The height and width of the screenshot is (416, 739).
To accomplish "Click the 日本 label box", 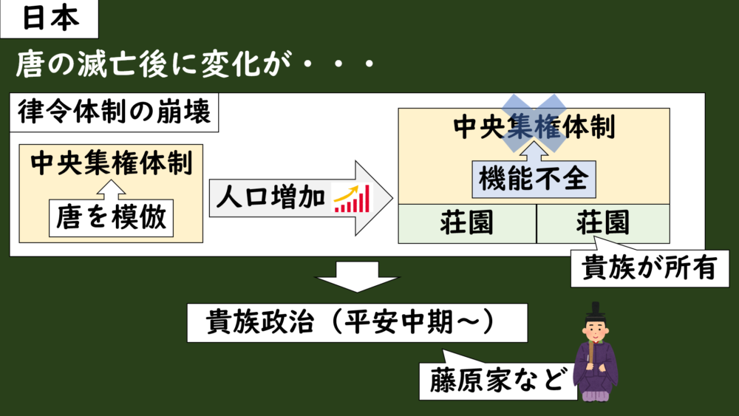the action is coord(49,19).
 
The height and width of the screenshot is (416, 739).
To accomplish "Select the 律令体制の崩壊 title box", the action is coord(114,112).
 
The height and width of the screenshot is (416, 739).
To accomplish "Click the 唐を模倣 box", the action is coord(112,218).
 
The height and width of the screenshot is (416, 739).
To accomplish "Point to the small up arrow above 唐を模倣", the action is coord(112,190).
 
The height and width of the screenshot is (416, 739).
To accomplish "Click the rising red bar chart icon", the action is coord(352,198).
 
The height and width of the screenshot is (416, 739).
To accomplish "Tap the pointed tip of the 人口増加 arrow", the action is coord(392,198).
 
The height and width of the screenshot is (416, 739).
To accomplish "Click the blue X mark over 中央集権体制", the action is coord(534,123).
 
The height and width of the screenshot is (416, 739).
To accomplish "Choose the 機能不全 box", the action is coord(534,179).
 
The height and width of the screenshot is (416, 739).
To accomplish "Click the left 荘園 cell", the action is coord(467,224).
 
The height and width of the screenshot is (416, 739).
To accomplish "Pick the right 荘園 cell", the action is coord(603,224).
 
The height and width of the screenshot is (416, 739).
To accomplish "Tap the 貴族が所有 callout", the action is coord(650,268).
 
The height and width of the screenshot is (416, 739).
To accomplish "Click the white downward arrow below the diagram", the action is coord(357,276).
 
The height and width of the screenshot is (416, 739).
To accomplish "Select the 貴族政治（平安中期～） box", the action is coord(357,323).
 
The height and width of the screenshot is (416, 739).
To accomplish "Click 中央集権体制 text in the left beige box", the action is coord(112,163).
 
